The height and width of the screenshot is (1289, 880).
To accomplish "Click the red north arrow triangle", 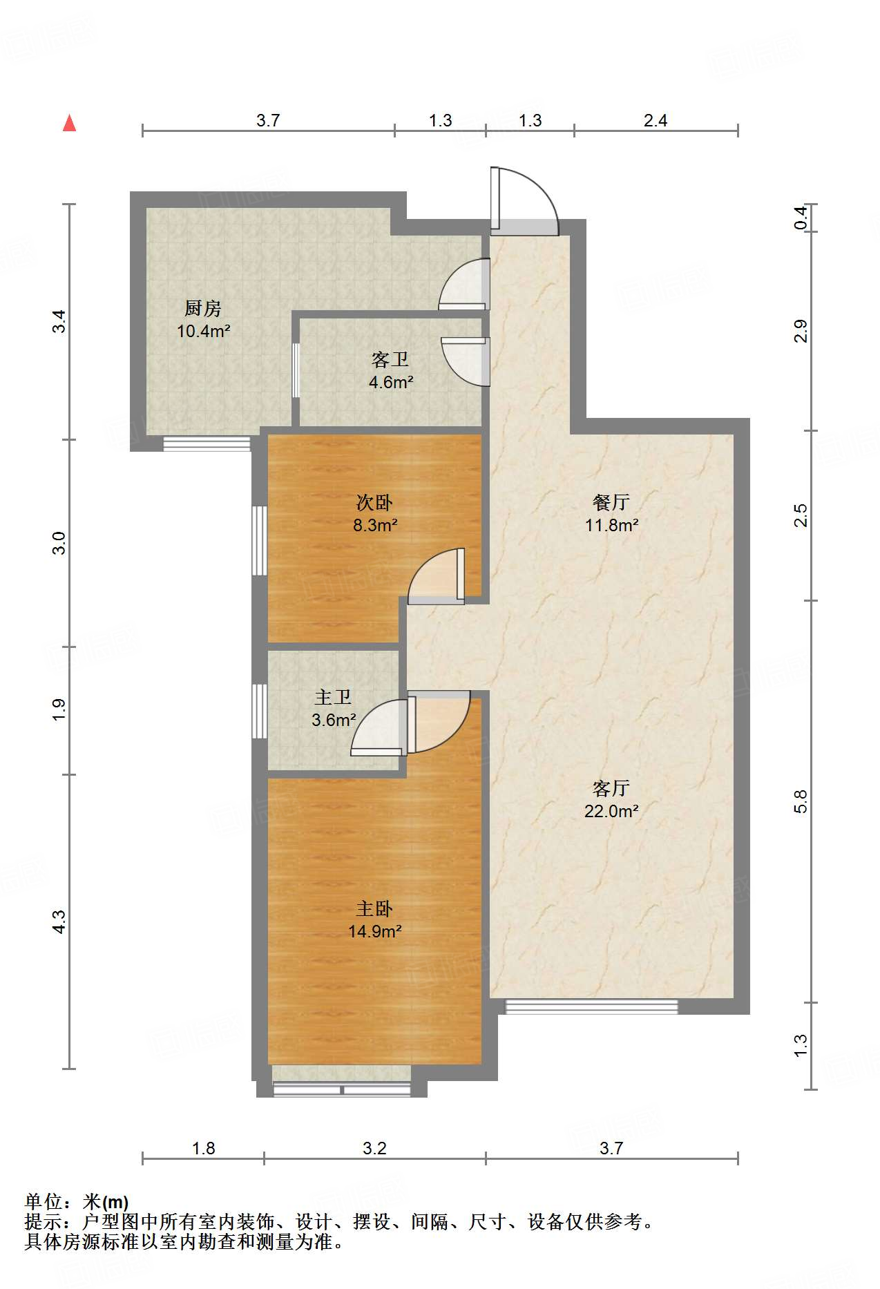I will (x=69, y=123).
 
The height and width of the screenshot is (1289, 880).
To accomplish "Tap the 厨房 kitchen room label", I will (x=202, y=308).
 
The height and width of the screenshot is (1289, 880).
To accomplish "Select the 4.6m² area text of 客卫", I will (x=391, y=382).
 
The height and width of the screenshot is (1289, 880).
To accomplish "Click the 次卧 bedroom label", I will (x=374, y=502).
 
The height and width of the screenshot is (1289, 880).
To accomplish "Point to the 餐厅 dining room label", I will (x=611, y=502).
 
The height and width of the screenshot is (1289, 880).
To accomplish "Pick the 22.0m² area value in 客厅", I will (x=611, y=811).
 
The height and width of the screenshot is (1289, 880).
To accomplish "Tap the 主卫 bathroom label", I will (x=333, y=698).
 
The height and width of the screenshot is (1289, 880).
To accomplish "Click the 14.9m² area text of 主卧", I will (x=374, y=931).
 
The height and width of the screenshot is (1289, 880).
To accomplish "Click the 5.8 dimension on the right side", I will (x=801, y=801).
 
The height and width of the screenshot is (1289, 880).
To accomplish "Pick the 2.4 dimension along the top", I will (x=655, y=121).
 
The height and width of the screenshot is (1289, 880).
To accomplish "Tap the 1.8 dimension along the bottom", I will (x=203, y=1148).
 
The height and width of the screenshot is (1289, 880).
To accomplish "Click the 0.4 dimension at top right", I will (x=801, y=218).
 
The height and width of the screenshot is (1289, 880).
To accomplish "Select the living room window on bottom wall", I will (x=591, y=1006).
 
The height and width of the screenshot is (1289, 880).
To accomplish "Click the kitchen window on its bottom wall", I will (x=207, y=444).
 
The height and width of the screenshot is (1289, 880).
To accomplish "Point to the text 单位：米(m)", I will (x=77, y=1202).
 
